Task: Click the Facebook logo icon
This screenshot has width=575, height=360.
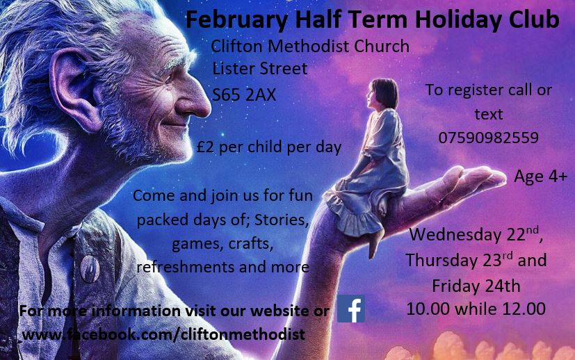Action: (x=351, y=309)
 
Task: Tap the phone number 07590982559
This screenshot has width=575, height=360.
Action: (x=489, y=138)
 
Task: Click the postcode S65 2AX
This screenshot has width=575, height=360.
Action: (x=244, y=95)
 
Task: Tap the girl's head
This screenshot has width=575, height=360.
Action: (x=382, y=94)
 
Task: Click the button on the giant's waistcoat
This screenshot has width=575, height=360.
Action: (x=90, y=269)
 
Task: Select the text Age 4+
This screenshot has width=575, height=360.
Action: (x=540, y=177)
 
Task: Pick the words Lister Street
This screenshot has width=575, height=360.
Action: (x=260, y=69)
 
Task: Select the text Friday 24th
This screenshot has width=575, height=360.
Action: (x=476, y=286)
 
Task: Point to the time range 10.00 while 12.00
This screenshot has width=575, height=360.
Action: (x=476, y=309)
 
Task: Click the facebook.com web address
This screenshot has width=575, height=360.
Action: (x=163, y=334)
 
